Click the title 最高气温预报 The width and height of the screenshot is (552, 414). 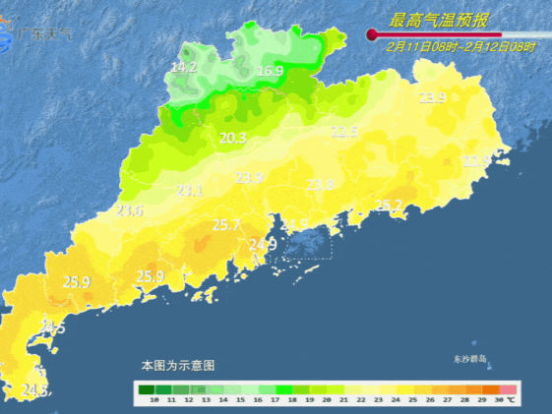(x=440, y=20)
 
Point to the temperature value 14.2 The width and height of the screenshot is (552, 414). (x=184, y=67)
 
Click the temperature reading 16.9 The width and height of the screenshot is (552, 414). (x=270, y=71)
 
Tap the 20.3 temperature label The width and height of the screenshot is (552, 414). (x=232, y=138)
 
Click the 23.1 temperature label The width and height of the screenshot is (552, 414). (x=190, y=191)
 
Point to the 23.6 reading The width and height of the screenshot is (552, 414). (x=130, y=210)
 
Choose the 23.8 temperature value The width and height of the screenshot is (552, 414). (x=320, y=184)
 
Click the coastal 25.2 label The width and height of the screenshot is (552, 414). (x=389, y=206)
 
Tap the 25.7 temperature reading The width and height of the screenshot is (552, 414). (x=226, y=225)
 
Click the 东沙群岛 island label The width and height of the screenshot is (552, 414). (x=470, y=360)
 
